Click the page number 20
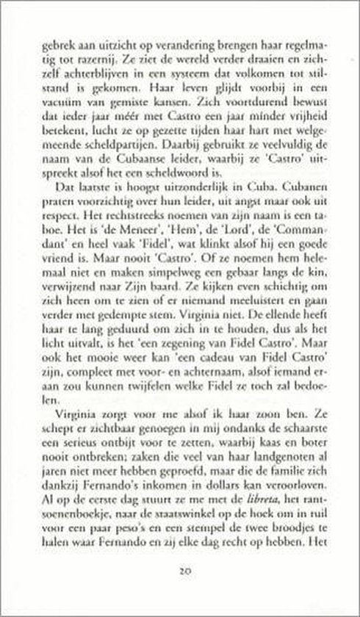pyautogui.click(x=180, y=570)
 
